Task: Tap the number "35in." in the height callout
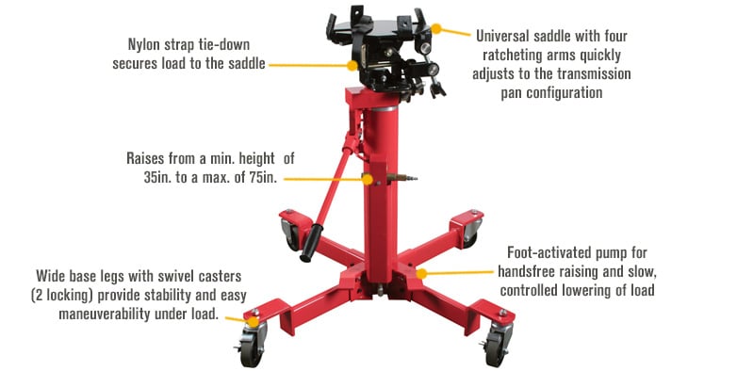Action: (x=151, y=179)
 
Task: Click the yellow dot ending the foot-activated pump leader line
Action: (x=423, y=273)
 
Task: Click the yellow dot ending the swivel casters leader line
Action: (x=251, y=320)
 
